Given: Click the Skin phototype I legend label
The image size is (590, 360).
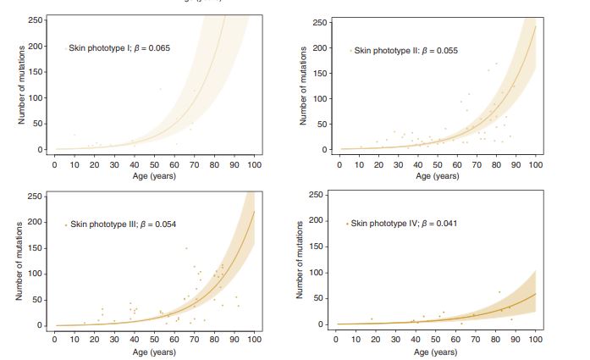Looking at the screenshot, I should tap(120, 48).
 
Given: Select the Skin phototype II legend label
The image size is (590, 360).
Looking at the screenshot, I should tap(405, 51).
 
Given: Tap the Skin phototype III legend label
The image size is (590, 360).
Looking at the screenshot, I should tap(123, 224).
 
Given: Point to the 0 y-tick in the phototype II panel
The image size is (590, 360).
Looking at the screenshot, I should tap(323, 150).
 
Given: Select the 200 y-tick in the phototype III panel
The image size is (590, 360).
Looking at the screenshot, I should tap(35, 222).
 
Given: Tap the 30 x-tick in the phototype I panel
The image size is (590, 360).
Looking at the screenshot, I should tap(114, 165).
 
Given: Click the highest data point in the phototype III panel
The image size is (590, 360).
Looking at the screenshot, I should tap(186, 248).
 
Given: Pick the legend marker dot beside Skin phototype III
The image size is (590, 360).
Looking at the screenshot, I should tap(66, 224).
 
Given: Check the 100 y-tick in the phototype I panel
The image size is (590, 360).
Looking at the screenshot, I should tap(35, 98).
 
